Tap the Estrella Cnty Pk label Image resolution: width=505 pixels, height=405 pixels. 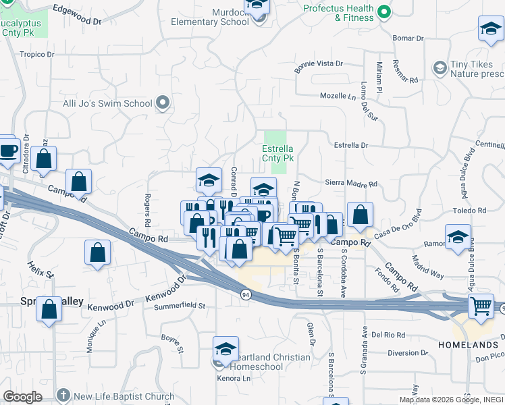[277, 153]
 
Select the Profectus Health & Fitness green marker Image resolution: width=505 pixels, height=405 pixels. [384, 11]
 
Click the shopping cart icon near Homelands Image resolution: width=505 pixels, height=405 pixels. [481, 305]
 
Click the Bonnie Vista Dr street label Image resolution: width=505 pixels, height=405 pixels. [319, 64]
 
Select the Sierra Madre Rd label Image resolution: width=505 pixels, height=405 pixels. [351, 183]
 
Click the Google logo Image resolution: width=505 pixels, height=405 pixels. [22, 397]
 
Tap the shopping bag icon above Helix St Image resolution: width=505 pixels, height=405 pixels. [98, 253]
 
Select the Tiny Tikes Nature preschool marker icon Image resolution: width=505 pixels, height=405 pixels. [440, 67]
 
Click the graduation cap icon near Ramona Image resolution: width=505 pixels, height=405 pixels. [458, 238]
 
